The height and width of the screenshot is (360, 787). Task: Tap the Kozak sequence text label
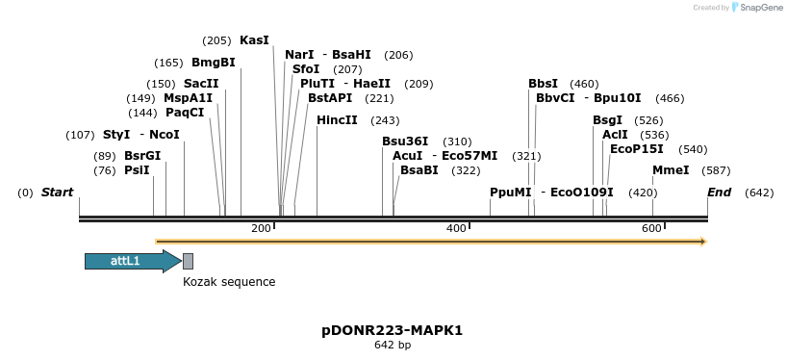pyautogui.click(x=229, y=282)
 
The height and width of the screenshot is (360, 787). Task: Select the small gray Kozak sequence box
pyautogui.click(x=188, y=261)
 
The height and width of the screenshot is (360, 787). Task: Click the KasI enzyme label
pyautogui.click(x=254, y=40)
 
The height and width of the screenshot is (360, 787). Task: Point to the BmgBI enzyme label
pyautogui.click(x=213, y=63)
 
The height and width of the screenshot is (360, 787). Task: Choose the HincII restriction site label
pyautogui.click(x=337, y=120)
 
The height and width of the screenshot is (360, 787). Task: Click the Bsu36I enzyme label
pyautogui.click(x=405, y=141)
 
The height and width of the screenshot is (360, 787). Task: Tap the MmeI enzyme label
pyautogui.click(x=671, y=170)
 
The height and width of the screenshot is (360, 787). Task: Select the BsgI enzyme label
pyautogui.click(x=608, y=120)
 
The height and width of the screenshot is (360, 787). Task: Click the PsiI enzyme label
pyautogui.click(x=137, y=170)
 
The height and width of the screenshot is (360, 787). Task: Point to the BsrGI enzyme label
pyautogui.click(x=142, y=156)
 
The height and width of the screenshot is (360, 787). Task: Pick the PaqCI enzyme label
pyautogui.click(x=185, y=113)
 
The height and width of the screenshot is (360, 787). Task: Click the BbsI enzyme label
pyautogui.click(x=543, y=84)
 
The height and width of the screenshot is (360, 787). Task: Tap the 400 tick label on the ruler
pyautogui.click(x=456, y=228)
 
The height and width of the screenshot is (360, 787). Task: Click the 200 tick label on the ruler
pyautogui.click(x=261, y=228)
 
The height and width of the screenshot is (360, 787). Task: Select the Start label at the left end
pyautogui.click(x=57, y=193)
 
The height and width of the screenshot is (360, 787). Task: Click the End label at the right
pyautogui.click(x=719, y=193)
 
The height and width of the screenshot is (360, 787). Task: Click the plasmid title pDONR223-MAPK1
pyautogui.click(x=393, y=330)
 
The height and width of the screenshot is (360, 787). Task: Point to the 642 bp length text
pyautogui.click(x=393, y=345)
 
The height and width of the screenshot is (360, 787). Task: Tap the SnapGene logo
pyautogui.click(x=756, y=8)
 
